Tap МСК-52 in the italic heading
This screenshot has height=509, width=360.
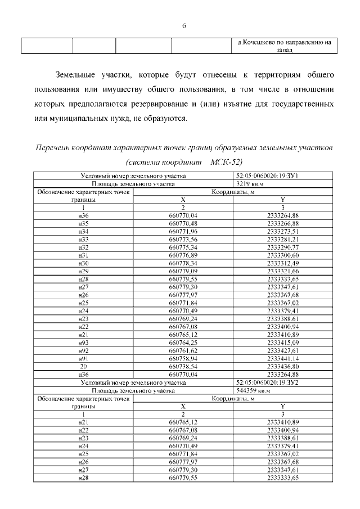pos(226,162)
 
